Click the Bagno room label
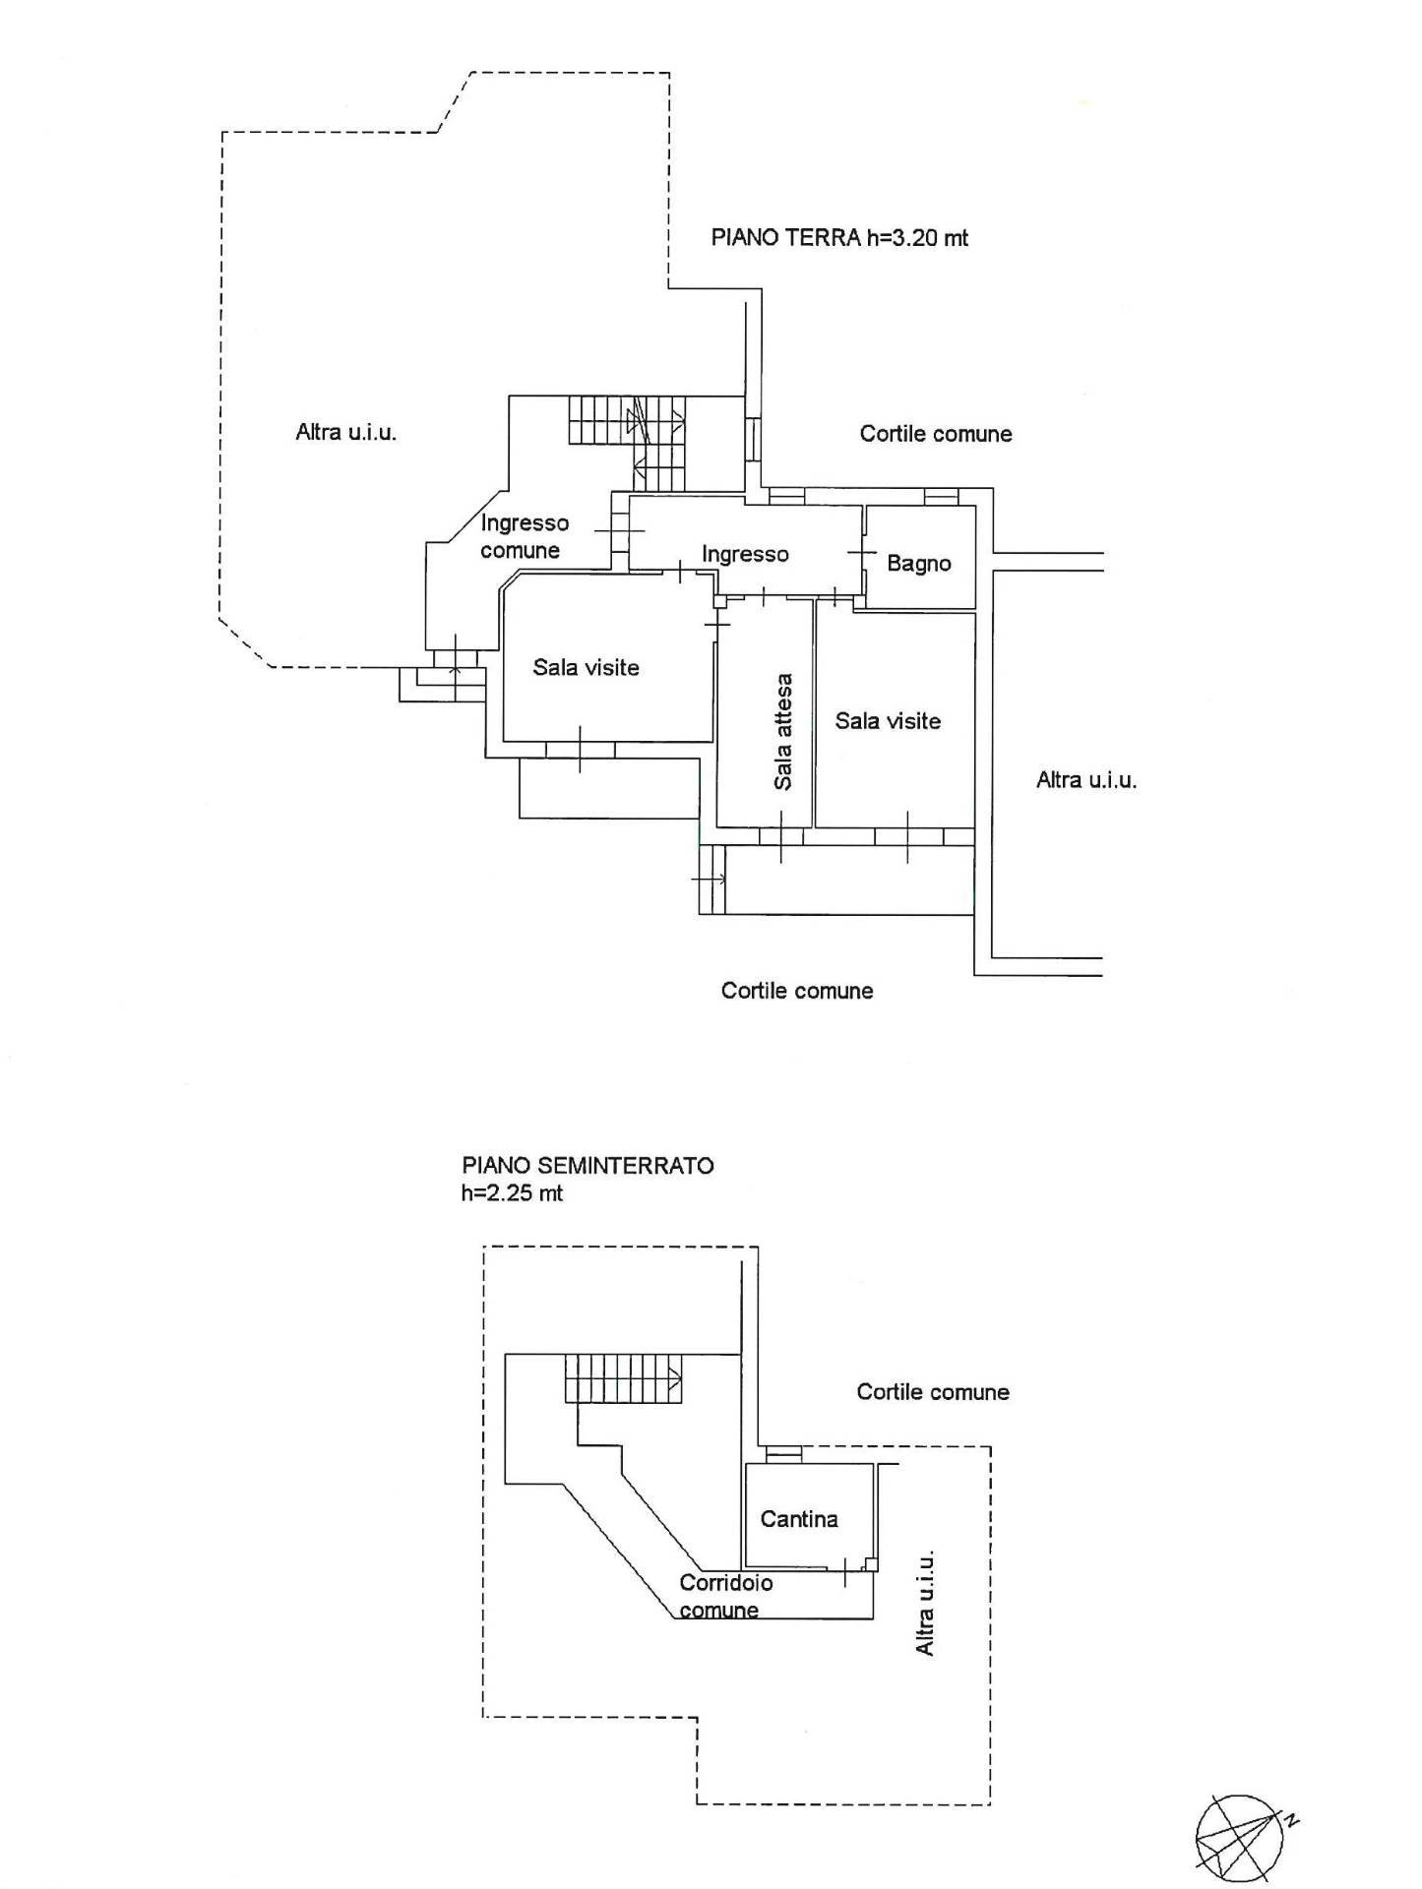point(919,564)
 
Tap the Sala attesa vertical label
point(783,732)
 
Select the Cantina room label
point(799,1519)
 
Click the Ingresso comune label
point(524,536)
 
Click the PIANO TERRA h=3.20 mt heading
point(839,237)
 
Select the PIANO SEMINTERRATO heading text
point(587,1166)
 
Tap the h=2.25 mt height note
point(512,1193)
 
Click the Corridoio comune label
point(725,1596)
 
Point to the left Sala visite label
point(586,668)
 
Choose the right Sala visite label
point(888,721)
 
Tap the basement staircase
point(623,1377)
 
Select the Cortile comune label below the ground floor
point(797,991)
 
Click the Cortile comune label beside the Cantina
point(933,1392)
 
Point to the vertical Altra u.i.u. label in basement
point(925,1604)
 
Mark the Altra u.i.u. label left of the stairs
point(346,432)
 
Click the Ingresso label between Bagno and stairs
point(745,555)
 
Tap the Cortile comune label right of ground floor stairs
point(936,434)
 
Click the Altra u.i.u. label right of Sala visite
point(1086,781)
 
